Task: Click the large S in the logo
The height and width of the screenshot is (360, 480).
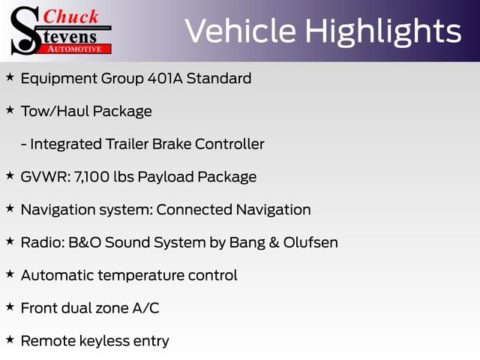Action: [24, 30]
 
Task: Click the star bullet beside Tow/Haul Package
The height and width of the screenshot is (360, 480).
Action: [10, 110]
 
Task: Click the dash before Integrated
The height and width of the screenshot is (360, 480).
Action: [23, 144]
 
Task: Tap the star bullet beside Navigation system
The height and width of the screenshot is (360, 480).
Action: [10, 208]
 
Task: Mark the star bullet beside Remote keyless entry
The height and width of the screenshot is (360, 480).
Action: [10, 340]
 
